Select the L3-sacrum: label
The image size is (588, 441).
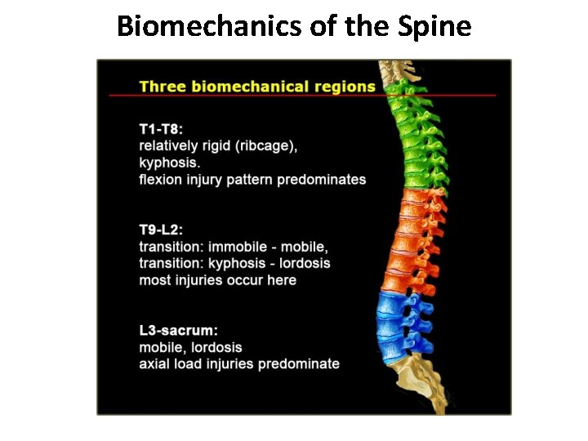(x=179, y=331)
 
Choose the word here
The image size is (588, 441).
(x=280, y=280)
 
